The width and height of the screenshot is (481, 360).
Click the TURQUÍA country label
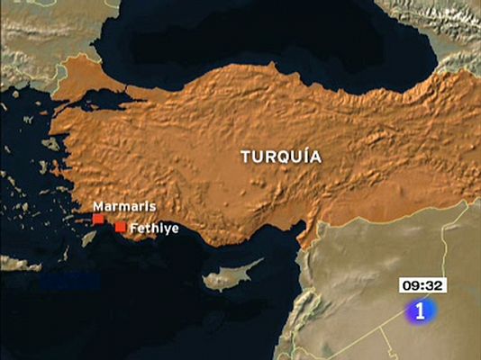pyautogui.click(x=280, y=156)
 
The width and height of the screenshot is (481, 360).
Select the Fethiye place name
pyautogui.click(x=154, y=229)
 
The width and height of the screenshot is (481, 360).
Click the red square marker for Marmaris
pyautogui.click(x=98, y=219)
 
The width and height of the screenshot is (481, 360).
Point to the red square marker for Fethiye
pyautogui.click(x=120, y=228)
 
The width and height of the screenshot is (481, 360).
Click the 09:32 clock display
pyautogui.click(x=422, y=285)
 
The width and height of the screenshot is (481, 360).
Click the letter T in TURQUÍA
pyautogui.click(x=246, y=157)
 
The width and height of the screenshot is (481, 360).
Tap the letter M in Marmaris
pyautogui.click(x=98, y=206)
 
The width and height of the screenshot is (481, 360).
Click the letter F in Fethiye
pyautogui.click(x=133, y=229)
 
